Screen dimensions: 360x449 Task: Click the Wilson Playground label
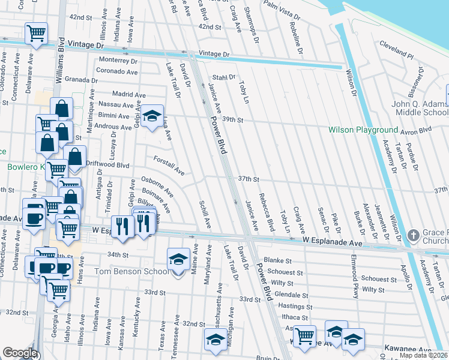pyautogui.click(x=363, y=130)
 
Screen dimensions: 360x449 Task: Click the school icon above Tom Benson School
pyautogui.click(x=178, y=259)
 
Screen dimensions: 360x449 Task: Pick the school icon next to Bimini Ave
pyautogui.click(x=152, y=115)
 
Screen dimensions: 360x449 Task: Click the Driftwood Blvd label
pyautogui.click(x=108, y=164)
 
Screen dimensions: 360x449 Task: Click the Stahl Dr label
pyautogui.click(x=222, y=77)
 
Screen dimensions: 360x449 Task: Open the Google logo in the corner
pyautogui.click(x=20, y=353)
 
